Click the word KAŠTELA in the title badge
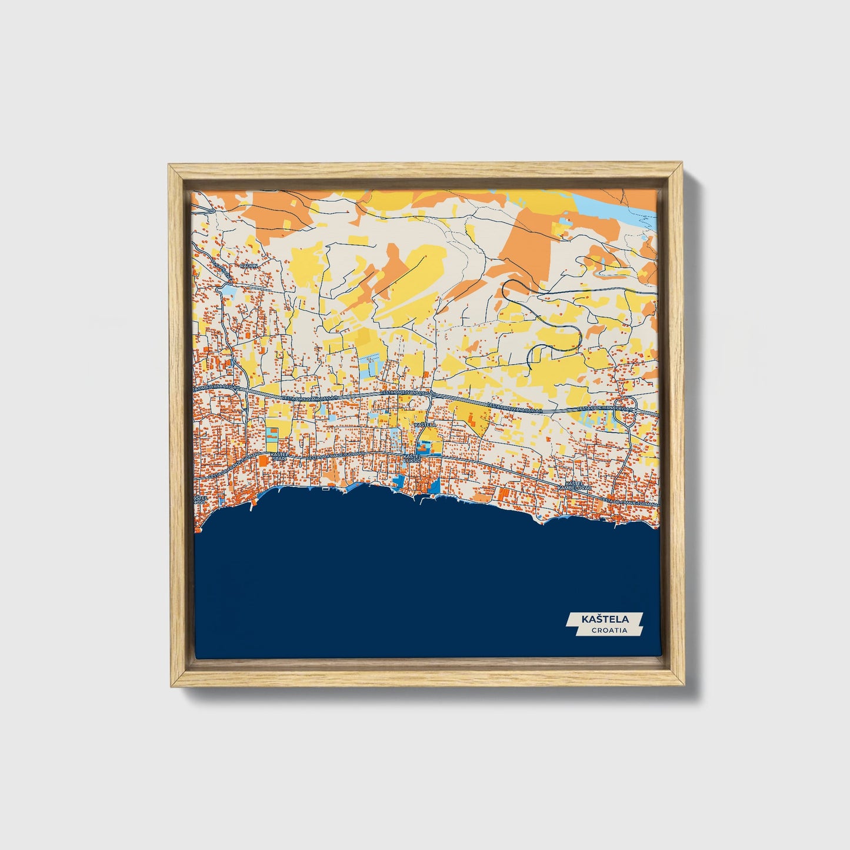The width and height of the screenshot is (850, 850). coord(605,619)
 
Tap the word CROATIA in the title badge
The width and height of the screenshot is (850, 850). coord(609,630)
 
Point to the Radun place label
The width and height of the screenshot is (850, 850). coord(246,266)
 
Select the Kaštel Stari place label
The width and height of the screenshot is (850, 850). coord(278,456)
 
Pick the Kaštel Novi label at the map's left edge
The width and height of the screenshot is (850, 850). coord(198,499)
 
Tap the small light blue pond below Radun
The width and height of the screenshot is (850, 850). coord(228,290)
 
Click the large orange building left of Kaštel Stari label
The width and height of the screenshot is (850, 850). coord(262,462)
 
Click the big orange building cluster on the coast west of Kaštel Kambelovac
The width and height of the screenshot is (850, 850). coord(505,494)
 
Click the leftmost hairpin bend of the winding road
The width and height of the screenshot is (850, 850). coord(507,288)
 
